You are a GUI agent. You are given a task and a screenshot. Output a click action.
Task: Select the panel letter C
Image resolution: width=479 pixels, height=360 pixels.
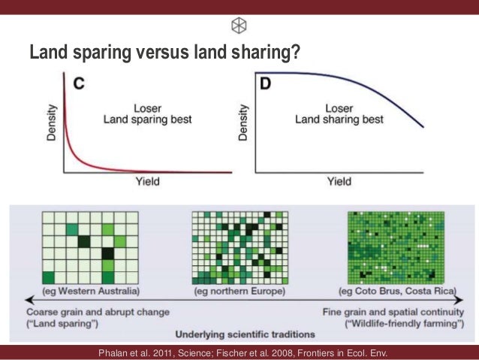pos(77,84)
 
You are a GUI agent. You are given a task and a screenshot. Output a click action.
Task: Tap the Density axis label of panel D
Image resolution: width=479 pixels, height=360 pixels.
pos(243,125)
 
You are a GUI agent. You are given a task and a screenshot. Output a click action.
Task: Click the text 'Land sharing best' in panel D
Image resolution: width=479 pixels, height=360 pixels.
pos(338,119)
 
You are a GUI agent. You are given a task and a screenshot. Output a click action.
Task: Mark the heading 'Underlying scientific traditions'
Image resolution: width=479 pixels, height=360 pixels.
pos(245,333)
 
